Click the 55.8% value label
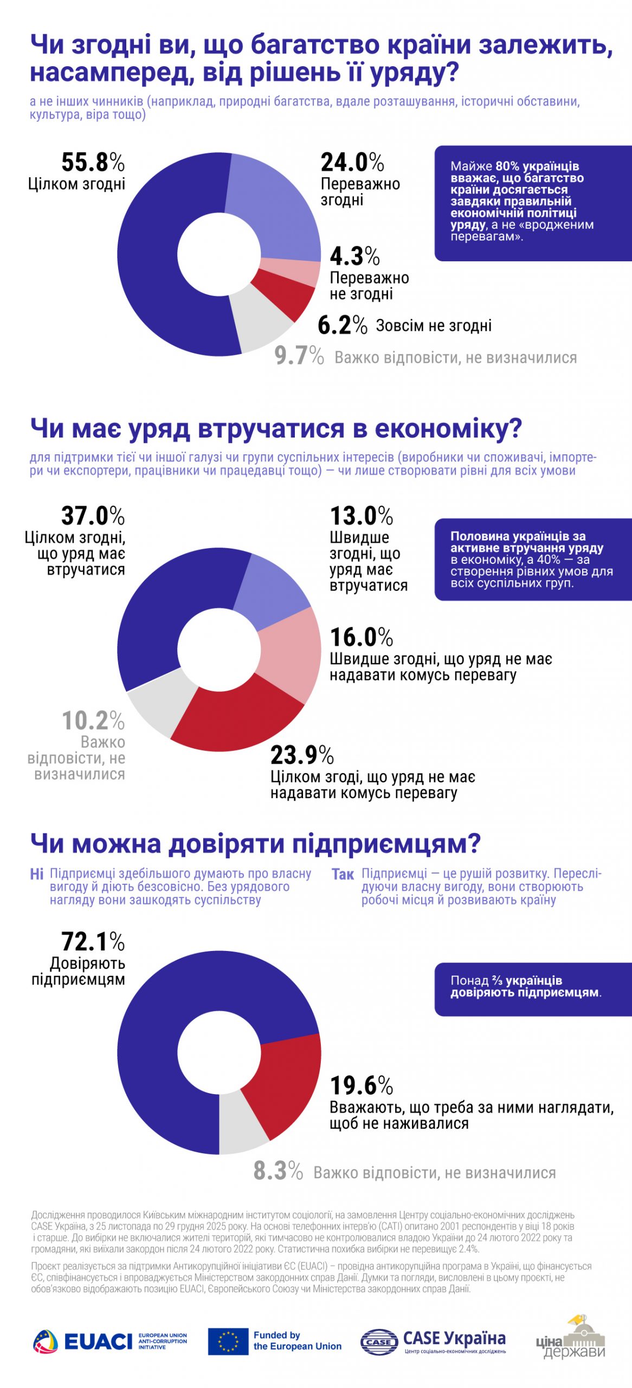[x=93, y=162]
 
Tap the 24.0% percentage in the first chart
[x=352, y=162]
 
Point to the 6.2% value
[x=343, y=325]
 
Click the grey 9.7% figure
[x=299, y=356]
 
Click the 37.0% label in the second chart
[x=93, y=516]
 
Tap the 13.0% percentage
[x=362, y=516]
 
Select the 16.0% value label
[x=362, y=637]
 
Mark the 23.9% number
[x=302, y=755]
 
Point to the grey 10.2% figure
[x=93, y=721]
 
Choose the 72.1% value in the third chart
[x=93, y=942]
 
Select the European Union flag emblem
[x=228, y=1341]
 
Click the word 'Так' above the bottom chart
[x=343, y=874]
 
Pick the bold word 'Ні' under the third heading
[x=36, y=874]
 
